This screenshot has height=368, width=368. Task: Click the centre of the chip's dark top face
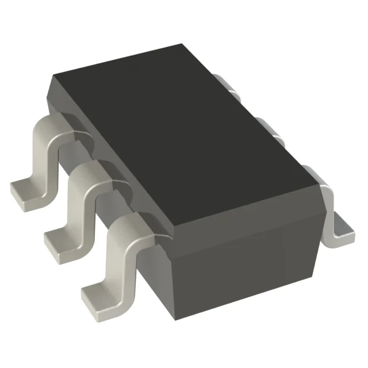coord(184,132)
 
